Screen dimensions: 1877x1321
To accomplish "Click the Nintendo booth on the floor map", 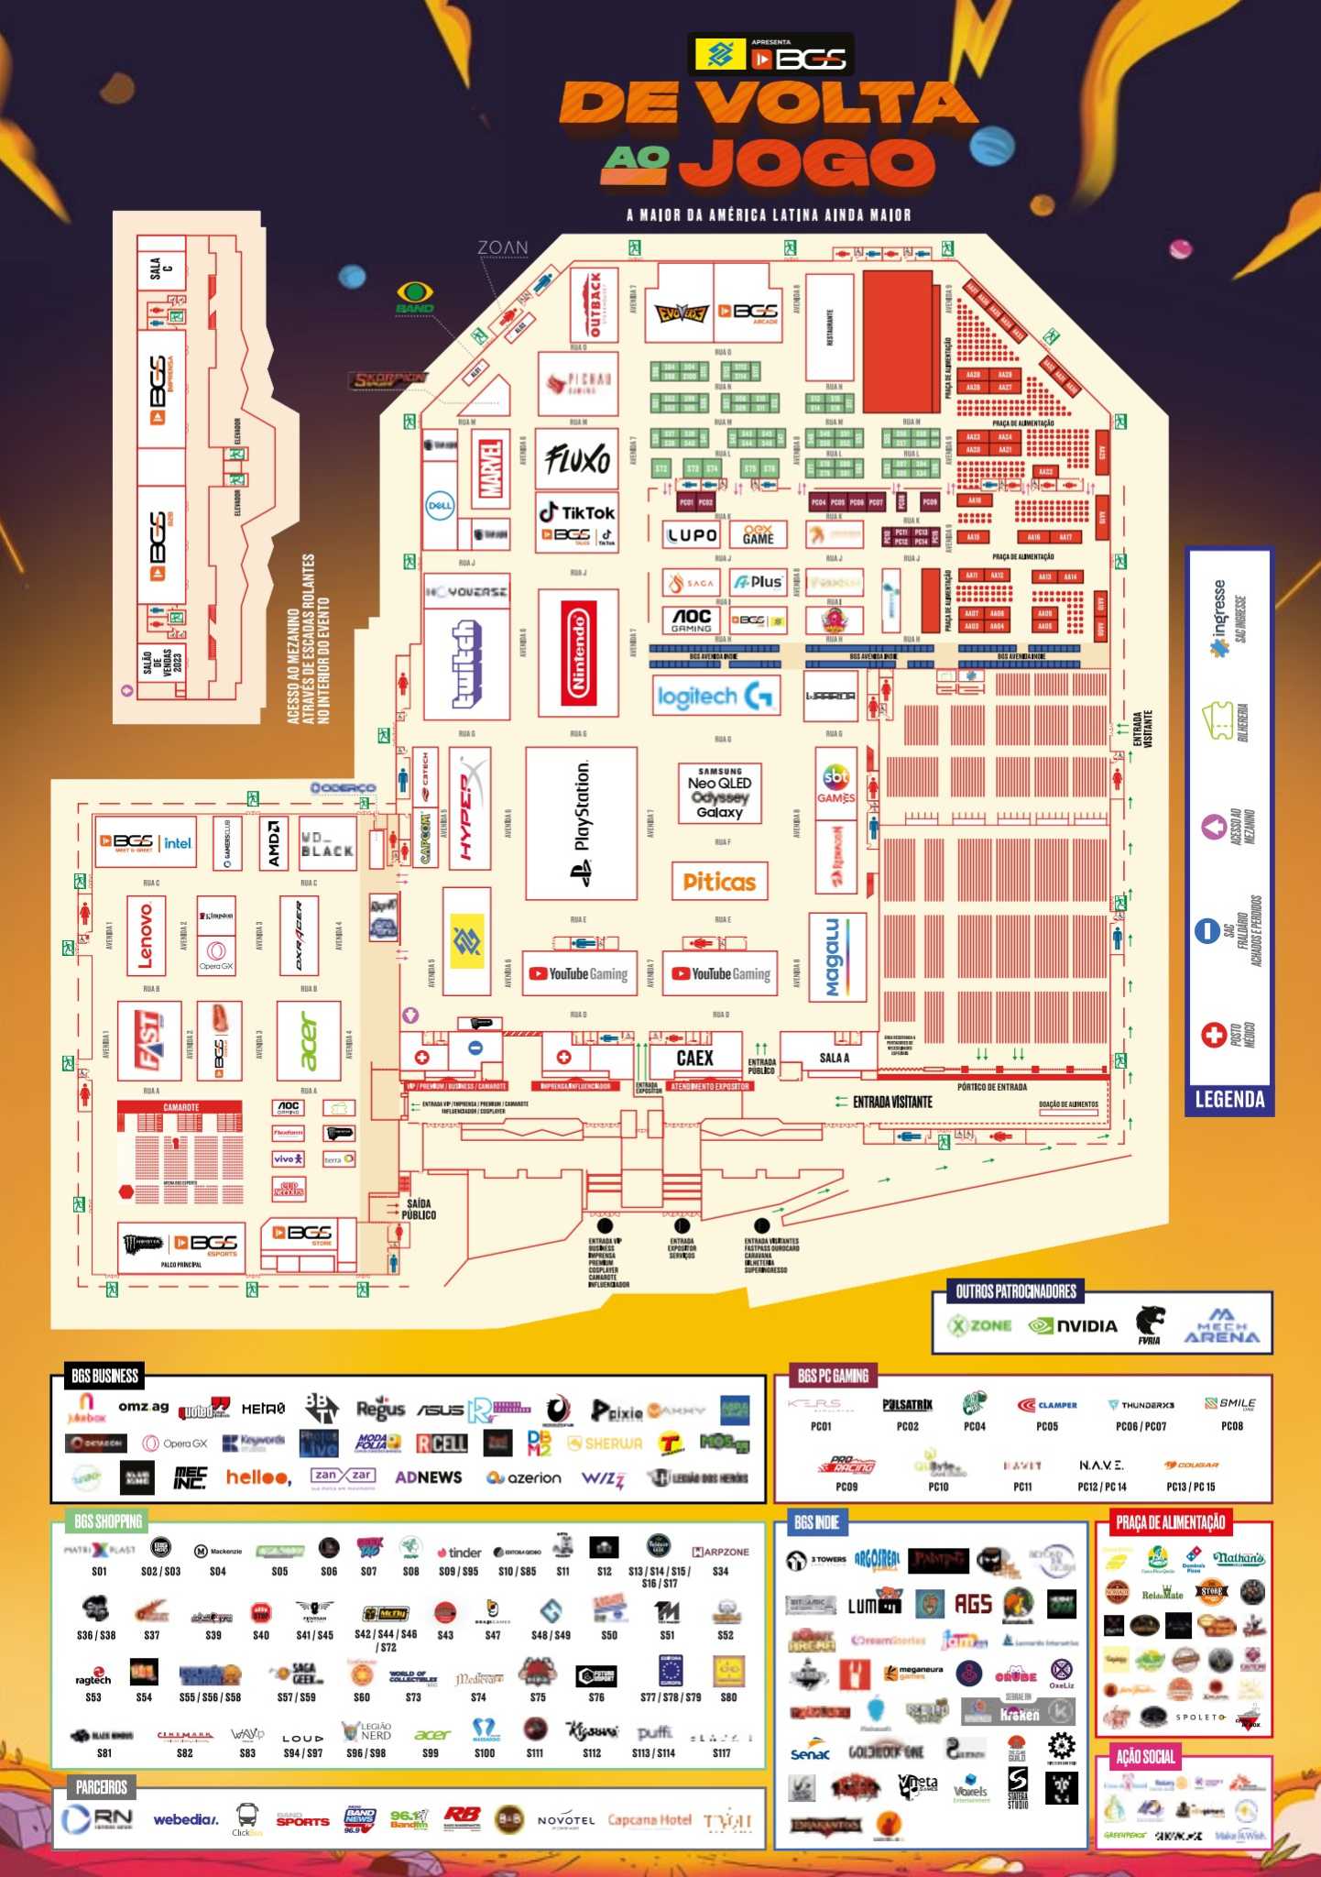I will coord(578,653).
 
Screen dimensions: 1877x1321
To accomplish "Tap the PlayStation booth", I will coord(581,823).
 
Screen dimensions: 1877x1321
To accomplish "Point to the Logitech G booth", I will coord(716,697).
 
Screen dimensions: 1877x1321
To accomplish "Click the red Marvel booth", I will coord(492,468).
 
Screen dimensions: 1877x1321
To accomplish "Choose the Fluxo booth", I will coord(576,458).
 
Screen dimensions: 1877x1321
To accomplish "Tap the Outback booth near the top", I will coord(593,304).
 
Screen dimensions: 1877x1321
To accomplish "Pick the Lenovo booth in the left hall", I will coord(146,935).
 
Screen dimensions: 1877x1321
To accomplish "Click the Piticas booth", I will coord(719,882).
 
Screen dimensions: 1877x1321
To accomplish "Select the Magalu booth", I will coord(835,958).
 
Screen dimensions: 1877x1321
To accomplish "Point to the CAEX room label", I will coord(694,1058).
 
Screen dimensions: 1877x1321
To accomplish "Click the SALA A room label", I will coord(834,1058).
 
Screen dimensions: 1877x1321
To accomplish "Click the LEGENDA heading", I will coord(1229,1099).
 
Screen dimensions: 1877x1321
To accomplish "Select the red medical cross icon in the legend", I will coord(1214,1035).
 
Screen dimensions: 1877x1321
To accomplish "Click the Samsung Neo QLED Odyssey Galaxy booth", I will coord(720,793).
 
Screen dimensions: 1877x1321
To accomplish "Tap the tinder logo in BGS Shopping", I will coord(459,1553).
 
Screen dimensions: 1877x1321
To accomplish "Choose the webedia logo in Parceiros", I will coord(185,1819).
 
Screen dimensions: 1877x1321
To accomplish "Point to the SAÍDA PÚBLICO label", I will coord(419,1209).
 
